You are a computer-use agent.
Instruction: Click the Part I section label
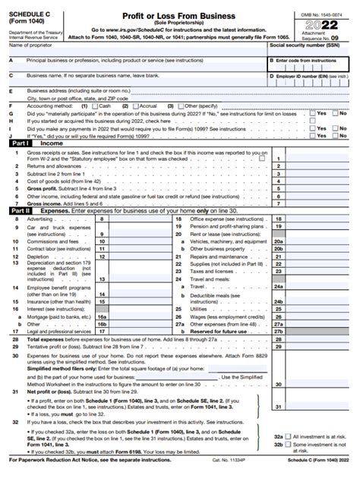pyautogui.click(x=18, y=141)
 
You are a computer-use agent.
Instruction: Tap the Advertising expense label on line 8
pyautogui.click(x=39, y=219)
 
